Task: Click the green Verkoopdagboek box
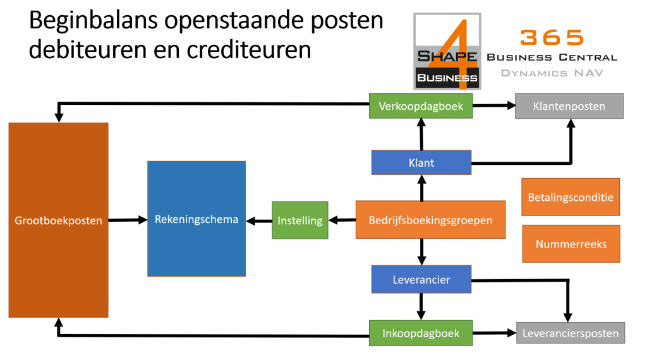click(x=420, y=106)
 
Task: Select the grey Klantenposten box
click(x=569, y=106)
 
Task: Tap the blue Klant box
click(x=421, y=162)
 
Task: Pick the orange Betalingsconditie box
click(x=571, y=197)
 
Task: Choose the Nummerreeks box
click(x=571, y=244)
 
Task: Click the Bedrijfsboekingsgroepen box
click(x=430, y=220)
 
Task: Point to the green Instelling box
click(x=300, y=220)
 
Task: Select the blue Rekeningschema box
click(x=197, y=219)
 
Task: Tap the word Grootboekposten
click(x=58, y=220)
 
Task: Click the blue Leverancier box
click(x=421, y=279)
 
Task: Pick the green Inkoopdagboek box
click(x=420, y=333)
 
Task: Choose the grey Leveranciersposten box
click(x=571, y=333)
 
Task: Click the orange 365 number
click(x=552, y=37)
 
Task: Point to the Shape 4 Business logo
click(x=447, y=51)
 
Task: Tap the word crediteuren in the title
click(x=249, y=49)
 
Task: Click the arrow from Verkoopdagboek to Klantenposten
click(x=494, y=105)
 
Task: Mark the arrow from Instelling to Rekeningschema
click(x=259, y=221)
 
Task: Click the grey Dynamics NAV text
click(x=552, y=73)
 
